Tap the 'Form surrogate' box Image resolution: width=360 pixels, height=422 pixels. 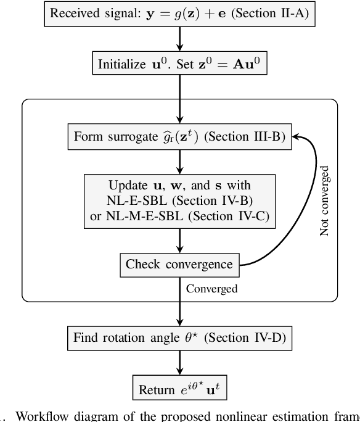179,136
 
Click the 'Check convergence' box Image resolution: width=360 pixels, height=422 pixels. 179,265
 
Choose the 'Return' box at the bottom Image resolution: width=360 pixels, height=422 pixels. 179,389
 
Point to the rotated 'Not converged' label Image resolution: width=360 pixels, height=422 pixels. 325,200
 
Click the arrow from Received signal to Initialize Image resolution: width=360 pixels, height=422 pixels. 179,38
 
